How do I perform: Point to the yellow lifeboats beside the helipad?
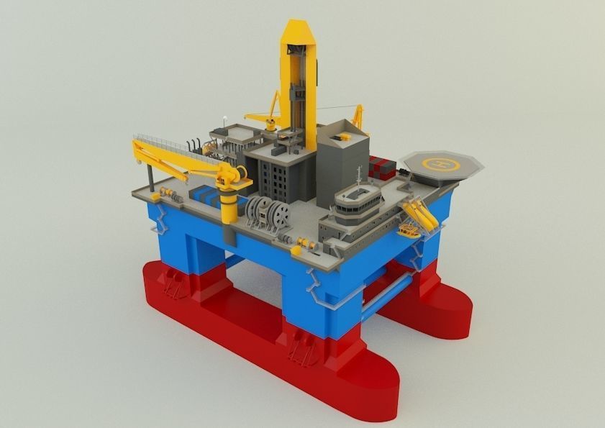[x=420, y=214]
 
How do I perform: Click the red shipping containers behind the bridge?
[x=381, y=167]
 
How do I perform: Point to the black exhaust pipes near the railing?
[x=192, y=145]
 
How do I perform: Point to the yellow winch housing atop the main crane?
[x=235, y=175]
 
